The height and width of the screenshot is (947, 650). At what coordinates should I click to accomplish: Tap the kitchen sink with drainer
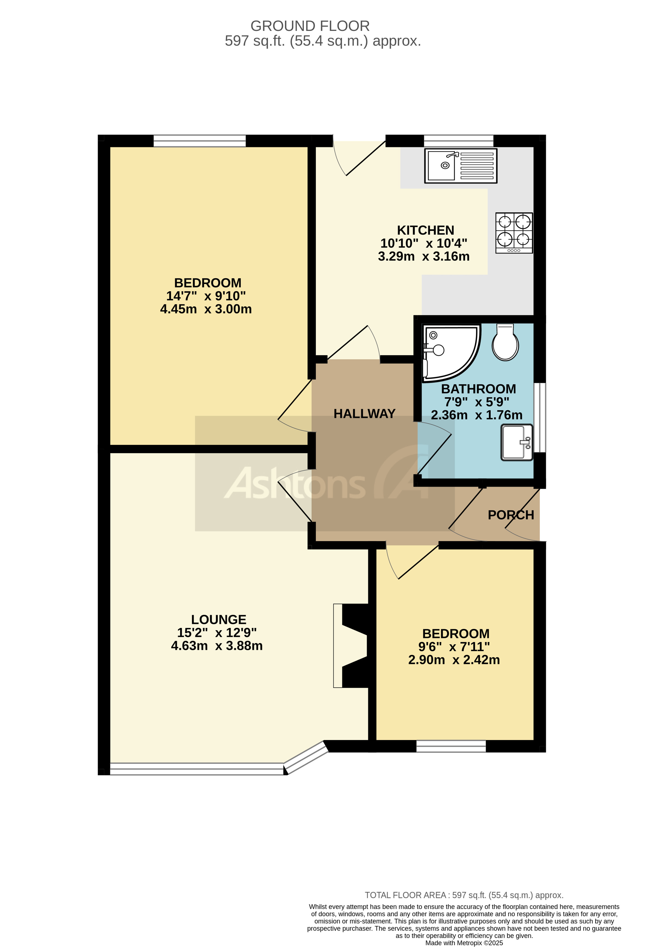pos(461,166)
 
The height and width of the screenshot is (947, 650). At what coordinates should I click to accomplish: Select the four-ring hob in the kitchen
pos(514,233)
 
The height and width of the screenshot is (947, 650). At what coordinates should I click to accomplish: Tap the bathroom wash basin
pos(516,442)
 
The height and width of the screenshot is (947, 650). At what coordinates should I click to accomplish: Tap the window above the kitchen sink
pos(459,141)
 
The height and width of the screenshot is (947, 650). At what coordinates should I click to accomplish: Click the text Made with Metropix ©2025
pos(464,943)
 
